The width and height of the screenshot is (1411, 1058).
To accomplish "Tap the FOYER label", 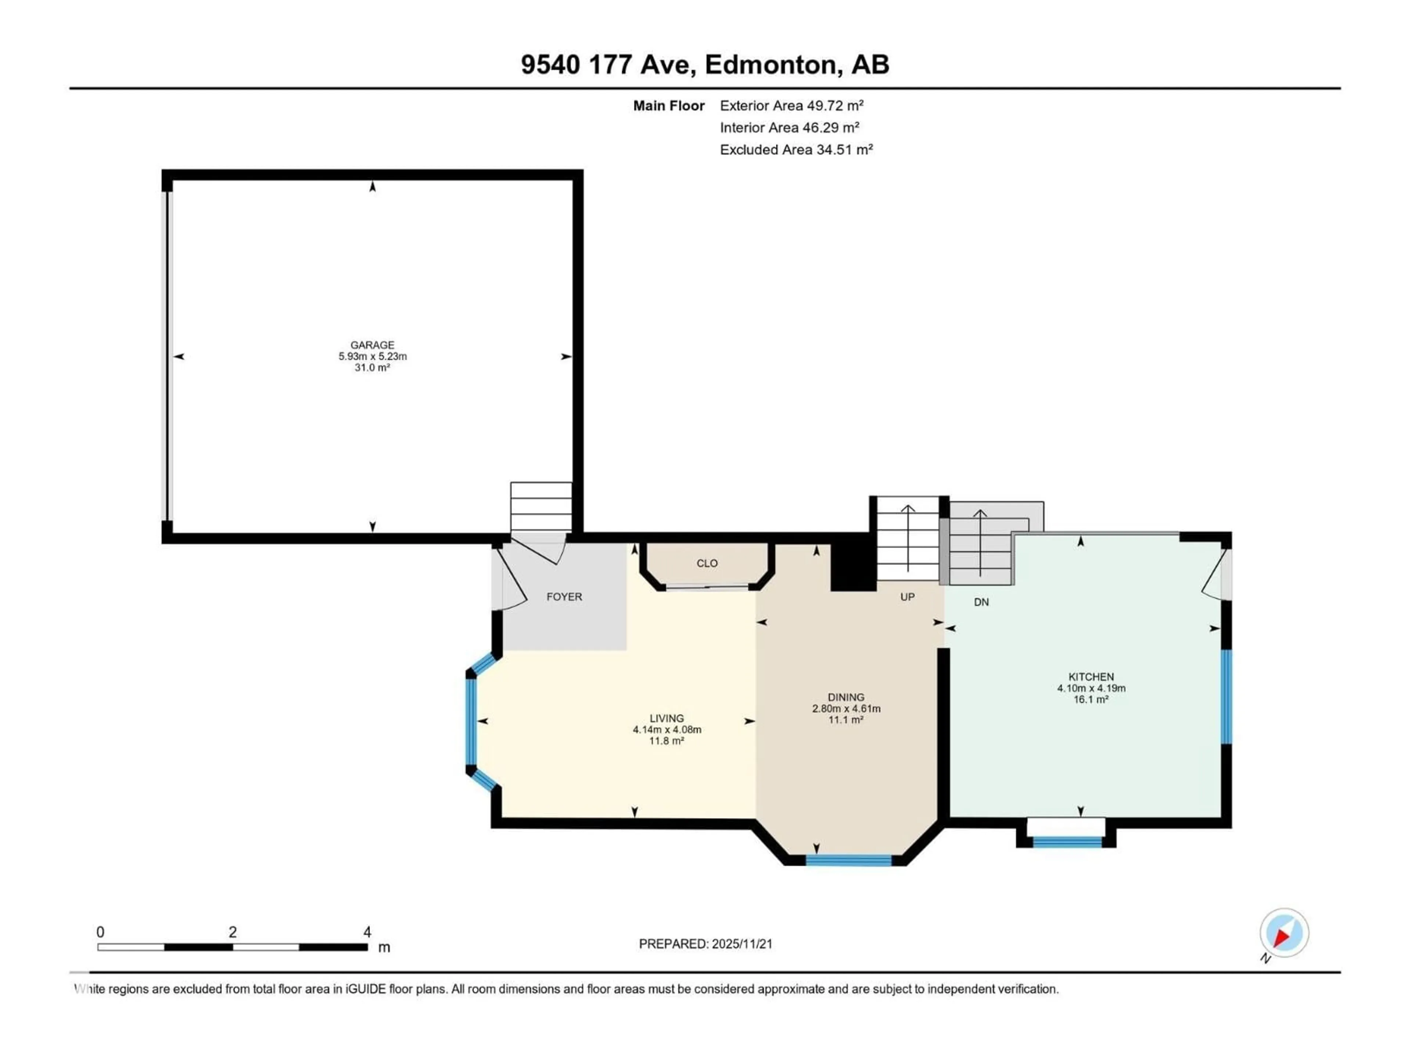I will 564,597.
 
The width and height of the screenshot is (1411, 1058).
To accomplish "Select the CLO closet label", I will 707,563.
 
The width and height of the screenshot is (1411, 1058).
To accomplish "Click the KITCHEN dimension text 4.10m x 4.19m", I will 1091,688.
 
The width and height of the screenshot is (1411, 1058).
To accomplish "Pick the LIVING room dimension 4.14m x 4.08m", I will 667,730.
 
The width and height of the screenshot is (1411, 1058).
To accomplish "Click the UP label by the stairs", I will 907,597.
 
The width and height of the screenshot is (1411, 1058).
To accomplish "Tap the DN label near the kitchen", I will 981,602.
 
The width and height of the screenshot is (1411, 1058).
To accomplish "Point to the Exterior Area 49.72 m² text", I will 791,106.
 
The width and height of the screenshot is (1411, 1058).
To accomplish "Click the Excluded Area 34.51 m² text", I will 796,150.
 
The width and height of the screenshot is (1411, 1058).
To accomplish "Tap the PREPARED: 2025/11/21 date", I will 705,944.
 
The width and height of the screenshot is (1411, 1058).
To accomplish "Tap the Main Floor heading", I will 668,106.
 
